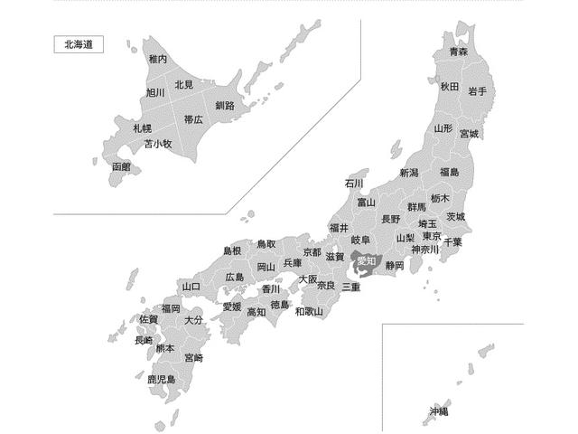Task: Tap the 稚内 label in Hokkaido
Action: pos(158,59)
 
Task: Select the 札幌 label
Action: pos(142,128)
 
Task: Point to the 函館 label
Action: pos(121,167)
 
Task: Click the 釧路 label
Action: pos(225,106)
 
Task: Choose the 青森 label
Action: pos(459,52)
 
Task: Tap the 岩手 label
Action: pos(478,91)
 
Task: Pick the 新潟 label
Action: pos(409,173)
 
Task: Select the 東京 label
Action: pos(431,236)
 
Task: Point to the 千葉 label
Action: pos(452,242)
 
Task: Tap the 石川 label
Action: pos(353,183)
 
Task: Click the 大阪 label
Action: pos(308,279)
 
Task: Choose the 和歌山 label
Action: pos(309,312)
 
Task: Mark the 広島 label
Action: pos(235,277)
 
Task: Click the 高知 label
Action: pos(256,312)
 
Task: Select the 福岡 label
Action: pos(171,308)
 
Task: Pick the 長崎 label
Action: pos(144,341)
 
